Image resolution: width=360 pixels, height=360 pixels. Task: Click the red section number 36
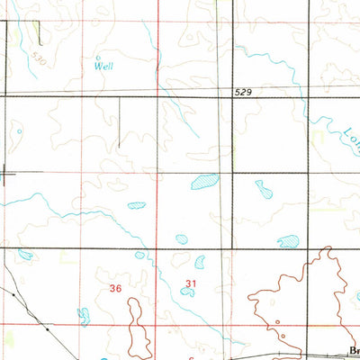point(115,288)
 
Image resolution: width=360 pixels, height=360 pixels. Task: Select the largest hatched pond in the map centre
point(204,183)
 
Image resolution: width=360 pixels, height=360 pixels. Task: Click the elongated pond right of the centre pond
point(263,189)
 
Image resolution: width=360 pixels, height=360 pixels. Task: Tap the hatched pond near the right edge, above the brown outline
point(288,241)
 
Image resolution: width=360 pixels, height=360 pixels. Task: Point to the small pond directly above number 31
point(200,262)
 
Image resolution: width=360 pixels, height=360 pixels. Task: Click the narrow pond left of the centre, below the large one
point(136,205)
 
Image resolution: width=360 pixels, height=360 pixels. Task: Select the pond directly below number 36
point(84,314)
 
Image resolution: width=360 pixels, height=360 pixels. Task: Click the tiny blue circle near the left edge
point(18,132)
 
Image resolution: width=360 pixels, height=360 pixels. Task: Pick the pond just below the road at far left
point(24,255)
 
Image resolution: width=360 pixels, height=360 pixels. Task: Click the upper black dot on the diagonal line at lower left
point(15,292)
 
